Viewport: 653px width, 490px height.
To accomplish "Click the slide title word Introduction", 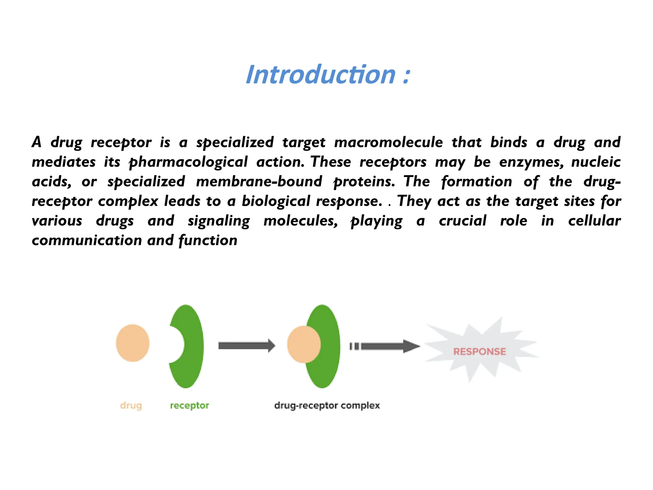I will [x=320, y=75].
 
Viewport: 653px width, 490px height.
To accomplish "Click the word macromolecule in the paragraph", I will [x=388, y=142].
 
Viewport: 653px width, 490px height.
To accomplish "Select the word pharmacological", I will [x=188, y=162].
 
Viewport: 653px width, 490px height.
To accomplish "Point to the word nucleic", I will [x=596, y=162].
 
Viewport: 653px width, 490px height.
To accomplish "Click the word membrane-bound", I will [x=259, y=182].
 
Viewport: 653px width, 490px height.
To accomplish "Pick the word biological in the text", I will [x=276, y=201].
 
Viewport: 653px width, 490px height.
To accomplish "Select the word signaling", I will [x=219, y=221].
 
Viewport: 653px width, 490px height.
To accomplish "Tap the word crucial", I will [x=463, y=221].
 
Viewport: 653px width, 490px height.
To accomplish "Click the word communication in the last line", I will [x=87, y=241].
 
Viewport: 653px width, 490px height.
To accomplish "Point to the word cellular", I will [x=594, y=221].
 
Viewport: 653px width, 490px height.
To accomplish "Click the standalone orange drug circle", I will [x=133, y=343].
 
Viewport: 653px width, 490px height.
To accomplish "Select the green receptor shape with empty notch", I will [x=191, y=346].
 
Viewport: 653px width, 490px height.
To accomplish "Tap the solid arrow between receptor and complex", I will [x=246, y=346].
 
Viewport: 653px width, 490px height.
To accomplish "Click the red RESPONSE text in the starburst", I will [x=480, y=352].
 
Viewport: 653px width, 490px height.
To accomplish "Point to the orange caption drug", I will [x=131, y=405].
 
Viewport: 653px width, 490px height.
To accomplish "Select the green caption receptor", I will [x=189, y=405].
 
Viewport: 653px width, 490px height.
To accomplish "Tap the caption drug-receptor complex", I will [x=327, y=405].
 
